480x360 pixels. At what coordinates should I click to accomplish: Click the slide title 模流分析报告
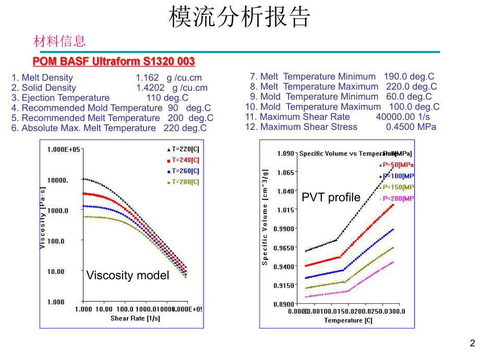(239, 17)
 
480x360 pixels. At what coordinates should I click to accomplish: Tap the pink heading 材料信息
(59, 41)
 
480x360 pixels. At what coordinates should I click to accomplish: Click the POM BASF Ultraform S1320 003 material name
(114, 62)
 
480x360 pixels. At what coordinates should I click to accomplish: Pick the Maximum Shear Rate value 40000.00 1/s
(403, 117)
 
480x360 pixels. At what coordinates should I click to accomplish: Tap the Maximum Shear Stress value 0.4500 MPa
(411, 127)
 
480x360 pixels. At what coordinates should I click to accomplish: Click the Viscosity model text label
(127, 275)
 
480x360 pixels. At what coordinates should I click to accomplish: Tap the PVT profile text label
(331, 198)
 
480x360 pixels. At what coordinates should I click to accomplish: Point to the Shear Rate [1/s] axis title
(135, 318)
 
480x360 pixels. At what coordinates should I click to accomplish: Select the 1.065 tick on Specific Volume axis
(285, 172)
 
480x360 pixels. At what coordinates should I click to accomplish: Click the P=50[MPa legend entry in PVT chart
(396, 164)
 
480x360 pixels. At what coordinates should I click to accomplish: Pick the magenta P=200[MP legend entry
(397, 198)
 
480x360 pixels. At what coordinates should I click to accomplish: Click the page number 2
(472, 343)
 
